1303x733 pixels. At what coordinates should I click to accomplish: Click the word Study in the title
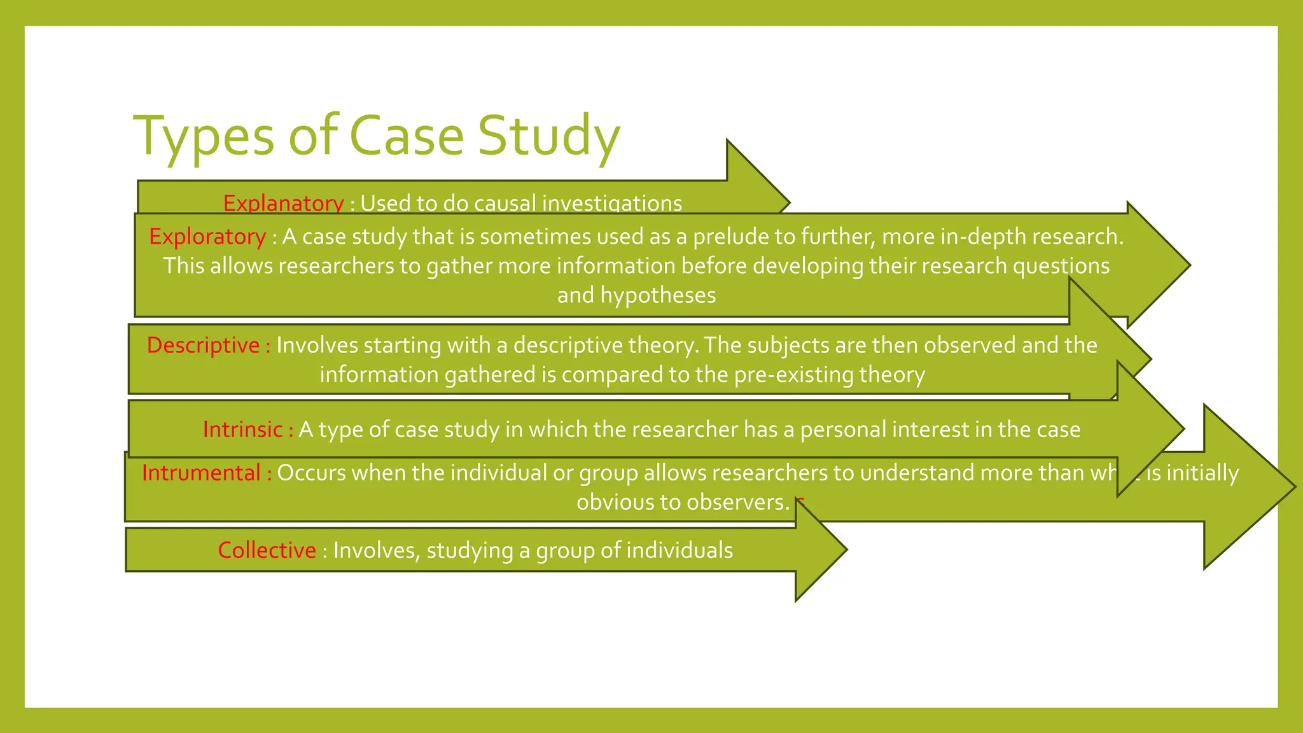click(548, 136)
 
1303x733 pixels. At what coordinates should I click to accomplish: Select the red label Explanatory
click(283, 204)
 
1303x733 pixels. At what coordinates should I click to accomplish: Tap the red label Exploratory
click(207, 237)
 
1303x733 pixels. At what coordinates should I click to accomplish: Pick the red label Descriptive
click(203, 345)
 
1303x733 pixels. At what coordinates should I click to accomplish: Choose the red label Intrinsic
click(242, 429)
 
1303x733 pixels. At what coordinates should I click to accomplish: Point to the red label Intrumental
click(201, 473)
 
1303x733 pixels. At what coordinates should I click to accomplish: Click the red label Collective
click(267, 550)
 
